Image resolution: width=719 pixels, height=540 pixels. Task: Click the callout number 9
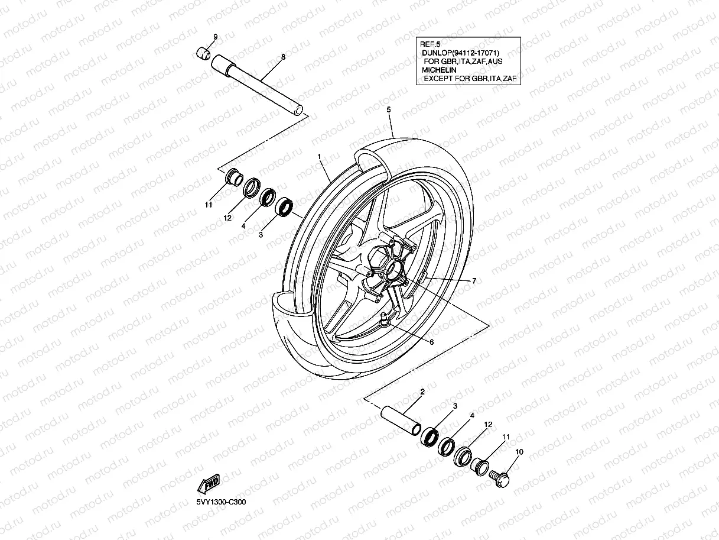coord(215,37)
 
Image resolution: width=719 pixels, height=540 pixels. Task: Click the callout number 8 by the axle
coord(283,57)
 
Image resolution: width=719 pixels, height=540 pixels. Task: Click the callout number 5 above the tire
coord(389,109)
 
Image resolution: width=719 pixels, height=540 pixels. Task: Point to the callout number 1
coord(319,157)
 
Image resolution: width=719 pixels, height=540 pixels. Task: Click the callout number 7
coord(473,280)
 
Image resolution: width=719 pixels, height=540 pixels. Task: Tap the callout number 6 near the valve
coord(431,342)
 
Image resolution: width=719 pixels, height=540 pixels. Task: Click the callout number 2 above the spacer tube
coord(422,392)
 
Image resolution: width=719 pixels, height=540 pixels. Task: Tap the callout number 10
coord(519,452)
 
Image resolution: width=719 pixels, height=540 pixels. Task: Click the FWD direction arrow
coord(209,484)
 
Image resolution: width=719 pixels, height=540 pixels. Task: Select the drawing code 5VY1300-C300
coord(222,502)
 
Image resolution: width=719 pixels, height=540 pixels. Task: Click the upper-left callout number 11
coord(207,205)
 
